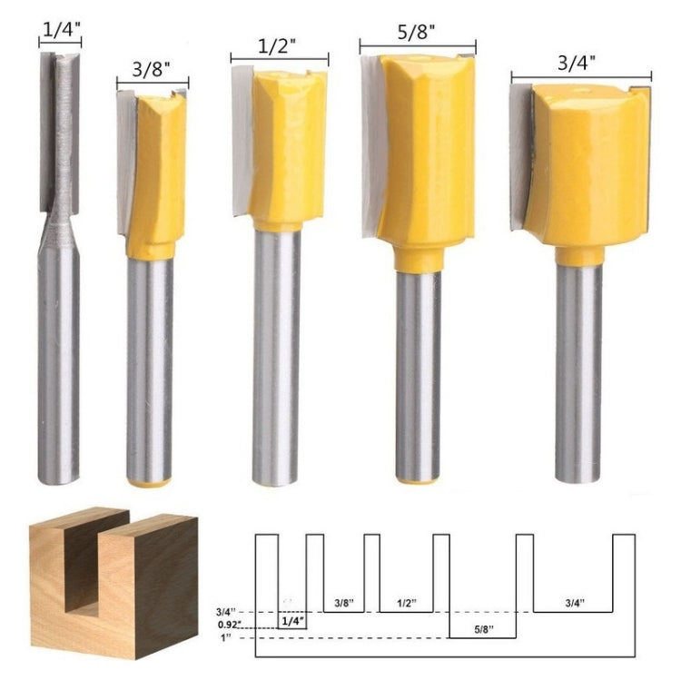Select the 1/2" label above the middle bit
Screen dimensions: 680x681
(x=279, y=45)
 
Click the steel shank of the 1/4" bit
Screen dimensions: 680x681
(x=58, y=363)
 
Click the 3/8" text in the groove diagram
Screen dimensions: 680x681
(x=344, y=602)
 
